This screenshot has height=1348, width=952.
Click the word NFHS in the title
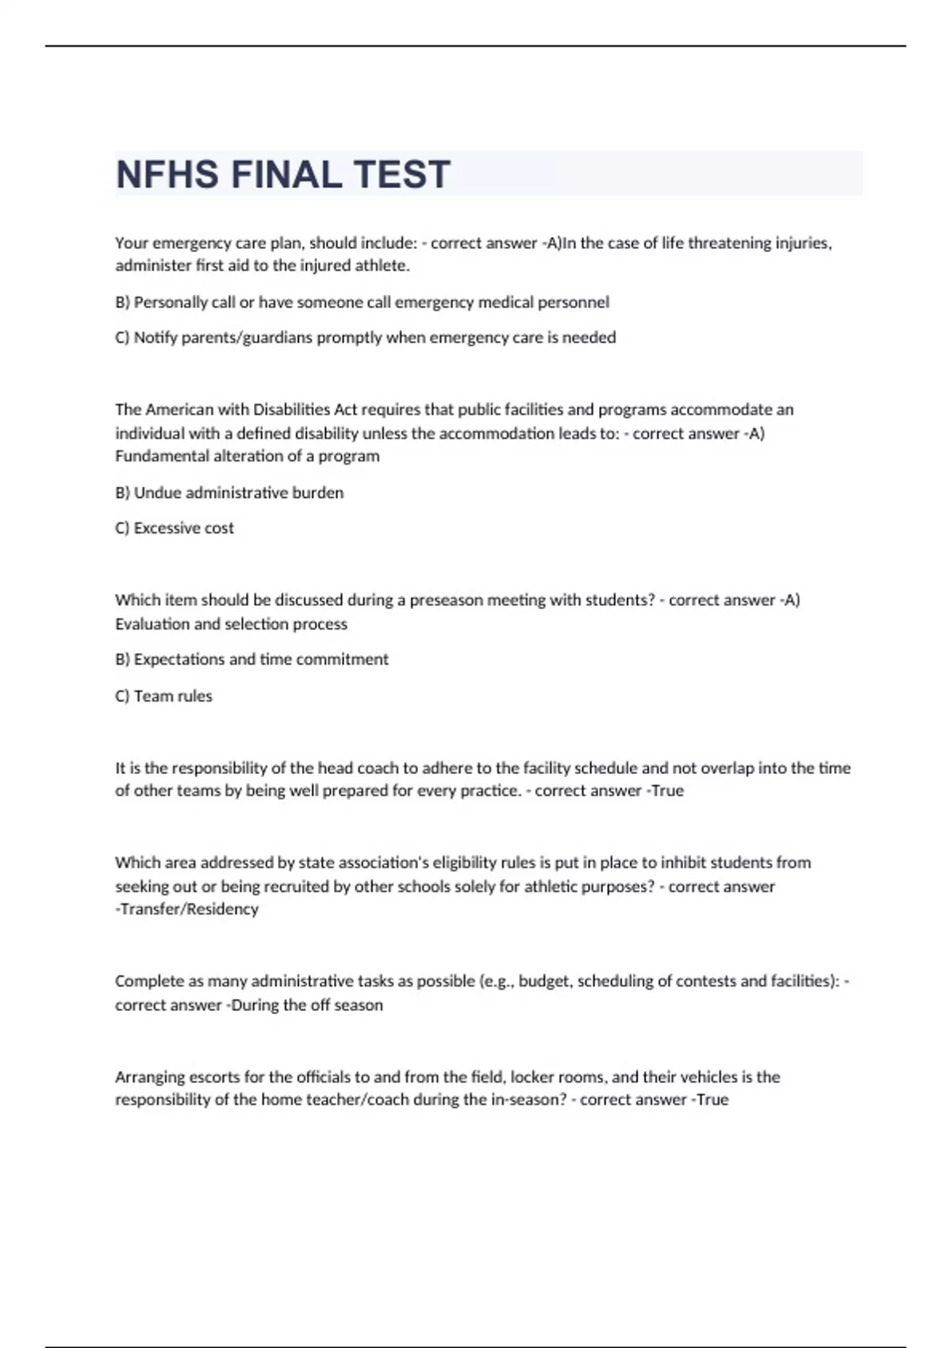point(167,174)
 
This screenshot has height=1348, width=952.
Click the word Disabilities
point(291,410)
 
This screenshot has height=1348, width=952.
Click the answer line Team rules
point(164,696)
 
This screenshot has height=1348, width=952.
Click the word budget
point(543,982)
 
